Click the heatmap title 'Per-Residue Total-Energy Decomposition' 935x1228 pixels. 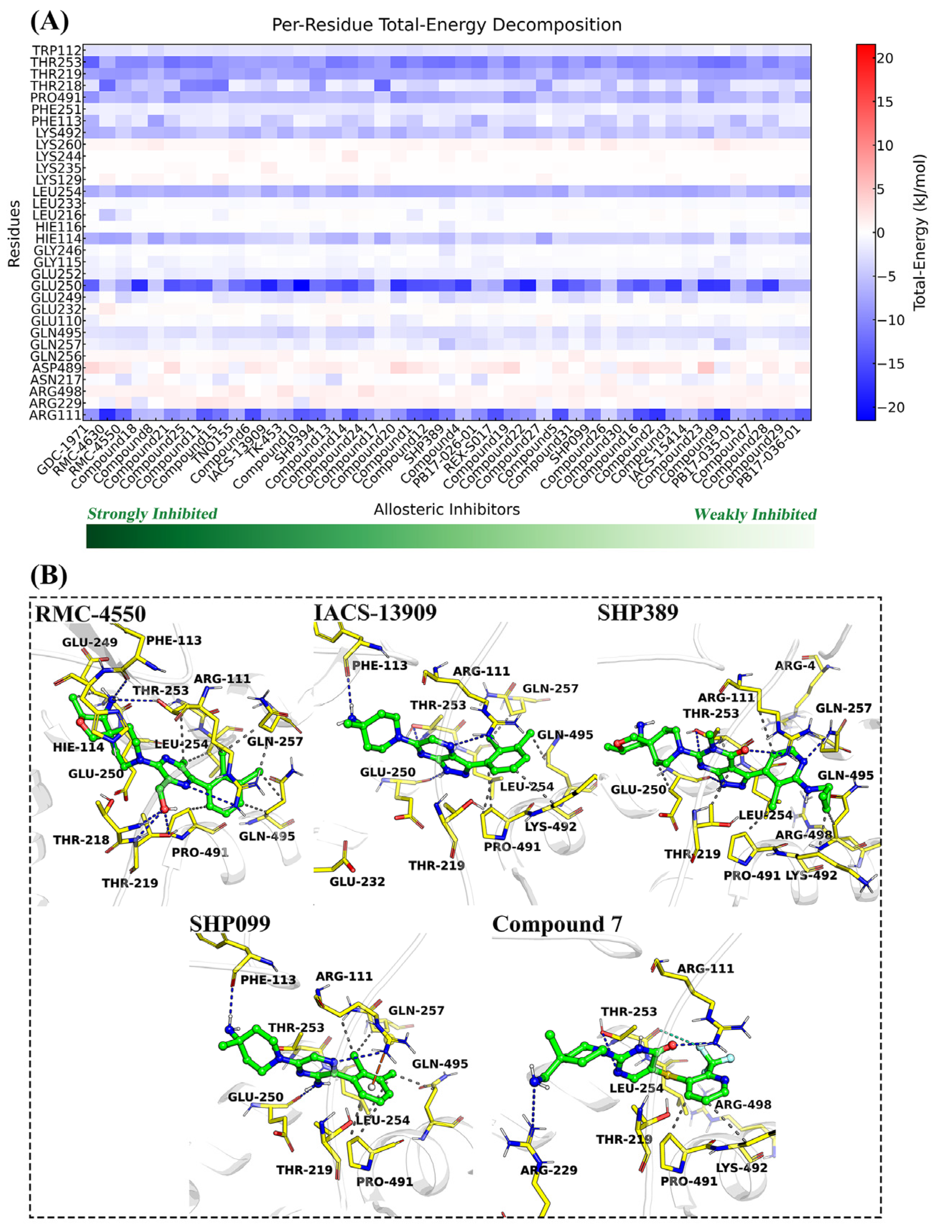click(x=446, y=25)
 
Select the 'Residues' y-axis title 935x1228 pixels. click(x=14, y=234)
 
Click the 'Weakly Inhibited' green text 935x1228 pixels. click(x=755, y=515)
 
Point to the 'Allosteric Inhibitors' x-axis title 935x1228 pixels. click(x=446, y=510)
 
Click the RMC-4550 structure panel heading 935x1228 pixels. click(x=90, y=614)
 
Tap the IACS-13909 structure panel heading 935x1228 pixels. click(x=375, y=612)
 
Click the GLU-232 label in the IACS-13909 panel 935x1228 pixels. click(x=357, y=881)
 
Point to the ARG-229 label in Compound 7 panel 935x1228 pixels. click(x=549, y=1170)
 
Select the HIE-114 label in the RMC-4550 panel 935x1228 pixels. click(x=79, y=747)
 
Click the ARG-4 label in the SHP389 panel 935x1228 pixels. click(x=795, y=666)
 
